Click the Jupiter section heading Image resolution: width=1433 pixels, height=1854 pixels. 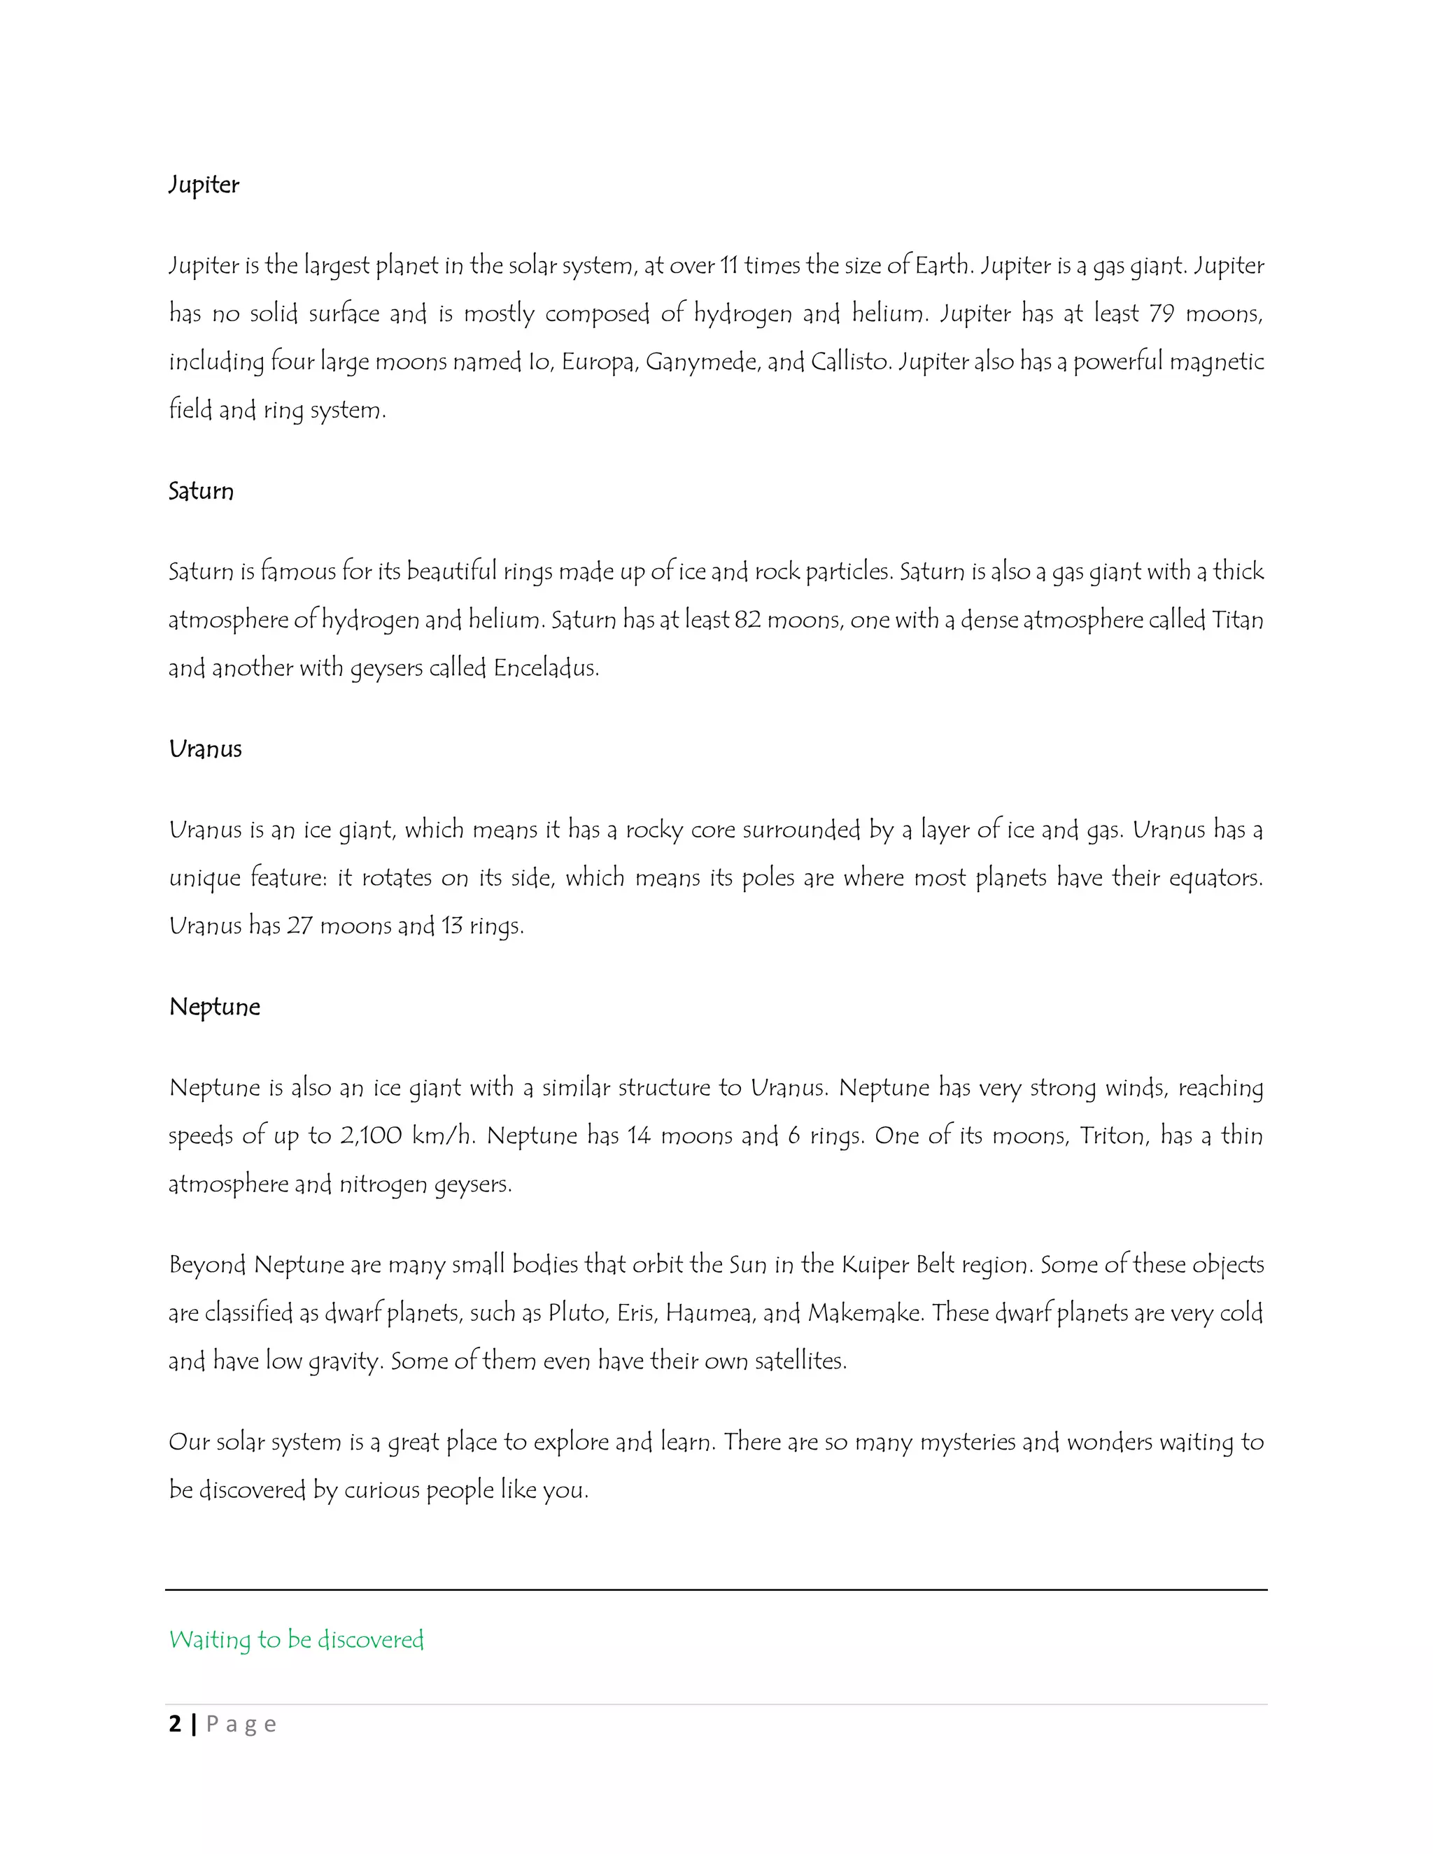204,185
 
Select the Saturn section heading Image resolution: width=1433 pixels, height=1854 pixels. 202,492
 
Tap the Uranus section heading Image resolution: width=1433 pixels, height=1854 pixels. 206,749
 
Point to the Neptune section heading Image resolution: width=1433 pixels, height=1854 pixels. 215,1007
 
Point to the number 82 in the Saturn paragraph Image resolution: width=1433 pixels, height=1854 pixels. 747,621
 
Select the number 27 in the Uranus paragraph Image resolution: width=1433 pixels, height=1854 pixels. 299,926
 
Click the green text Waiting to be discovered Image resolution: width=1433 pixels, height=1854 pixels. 296,1639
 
